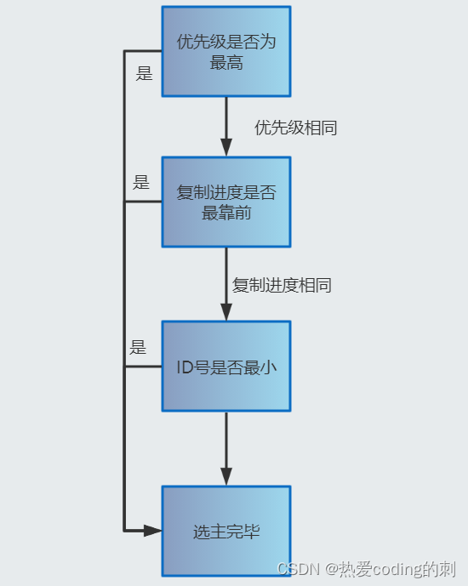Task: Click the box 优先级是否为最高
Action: point(226,52)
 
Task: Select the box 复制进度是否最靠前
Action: point(226,202)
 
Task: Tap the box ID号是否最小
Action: point(226,367)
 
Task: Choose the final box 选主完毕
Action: point(226,531)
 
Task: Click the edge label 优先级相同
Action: point(295,128)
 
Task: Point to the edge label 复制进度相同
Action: point(282,285)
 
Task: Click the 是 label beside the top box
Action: point(145,73)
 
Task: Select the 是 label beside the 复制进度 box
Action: point(141,182)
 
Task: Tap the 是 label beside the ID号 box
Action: point(138,347)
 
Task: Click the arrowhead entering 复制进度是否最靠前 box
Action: point(226,147)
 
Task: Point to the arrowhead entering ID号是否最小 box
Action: point(226,312)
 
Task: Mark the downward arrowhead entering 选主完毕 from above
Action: point(226,476)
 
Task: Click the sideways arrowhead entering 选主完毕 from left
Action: point(152,531)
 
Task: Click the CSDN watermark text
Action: point(299,569)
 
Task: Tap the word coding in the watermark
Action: point(397,570)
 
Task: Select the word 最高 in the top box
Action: point(226,62)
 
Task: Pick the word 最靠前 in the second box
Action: point(226,213)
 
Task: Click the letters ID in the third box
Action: point(185,367)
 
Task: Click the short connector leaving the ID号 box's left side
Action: point(143,367)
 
